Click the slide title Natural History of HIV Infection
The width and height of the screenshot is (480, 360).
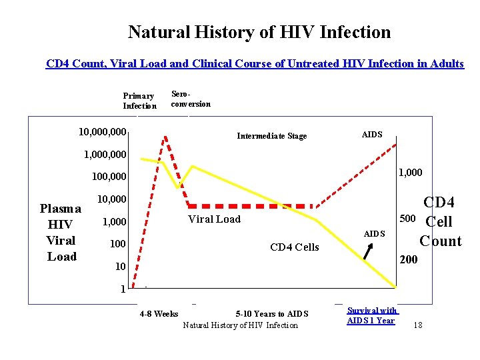click(x=259, y=32)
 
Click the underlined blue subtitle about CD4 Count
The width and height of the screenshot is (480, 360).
click(x=255, y=64)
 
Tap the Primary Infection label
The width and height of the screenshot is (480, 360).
click(x=139, y=101)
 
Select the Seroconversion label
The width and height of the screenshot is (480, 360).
click(x=191, y=99)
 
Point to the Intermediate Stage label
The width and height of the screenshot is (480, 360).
click(x=272, y=136)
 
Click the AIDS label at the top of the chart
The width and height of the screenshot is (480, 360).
click(x=372, y=135)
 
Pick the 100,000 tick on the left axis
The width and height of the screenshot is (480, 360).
click(x=109, y=177)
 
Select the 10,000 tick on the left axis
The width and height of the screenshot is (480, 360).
click(x=112, y=199)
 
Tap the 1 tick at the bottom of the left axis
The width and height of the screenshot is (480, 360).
click(x=123, y=289)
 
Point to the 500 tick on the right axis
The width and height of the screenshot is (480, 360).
click(x=407, y=218)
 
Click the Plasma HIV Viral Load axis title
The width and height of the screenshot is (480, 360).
click(x=61, y=232)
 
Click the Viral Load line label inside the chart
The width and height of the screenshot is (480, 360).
click(x=214, y=219)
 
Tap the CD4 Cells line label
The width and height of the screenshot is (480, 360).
click(x=294, y=247)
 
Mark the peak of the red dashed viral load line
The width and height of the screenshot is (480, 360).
click(x=165, y=137)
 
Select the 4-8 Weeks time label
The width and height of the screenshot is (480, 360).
click(x=159, y=314)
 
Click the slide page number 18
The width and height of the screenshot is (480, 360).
click(x=417, y=325)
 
